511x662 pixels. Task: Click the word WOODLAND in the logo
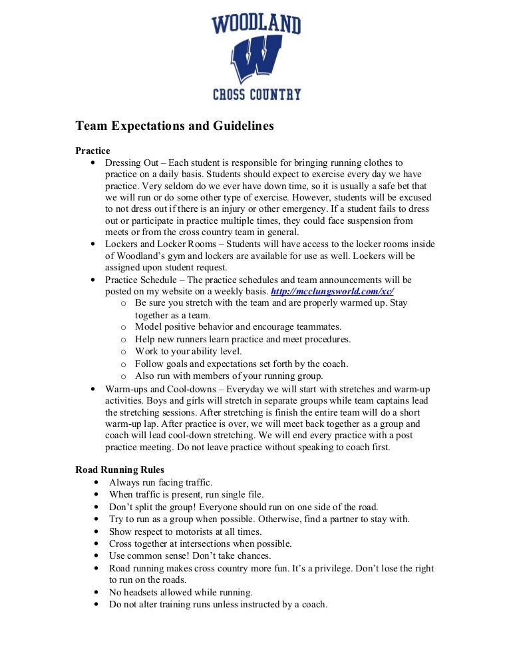coord(256,25)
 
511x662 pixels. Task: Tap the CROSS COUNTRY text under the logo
coord(256,95)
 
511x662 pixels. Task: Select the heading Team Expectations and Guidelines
coord(174,126)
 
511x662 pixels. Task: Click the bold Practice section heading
coord(92,151)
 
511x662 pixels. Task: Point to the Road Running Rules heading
coord(120,470)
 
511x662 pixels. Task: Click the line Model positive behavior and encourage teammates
coord(238,327)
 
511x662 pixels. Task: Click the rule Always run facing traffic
coord(161,482)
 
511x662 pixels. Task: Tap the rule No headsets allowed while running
coord(180,592)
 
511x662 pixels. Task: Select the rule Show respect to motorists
coord(185,531)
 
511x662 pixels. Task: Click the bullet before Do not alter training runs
coord(97,605)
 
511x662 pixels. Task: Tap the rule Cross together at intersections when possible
coord(200,543)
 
